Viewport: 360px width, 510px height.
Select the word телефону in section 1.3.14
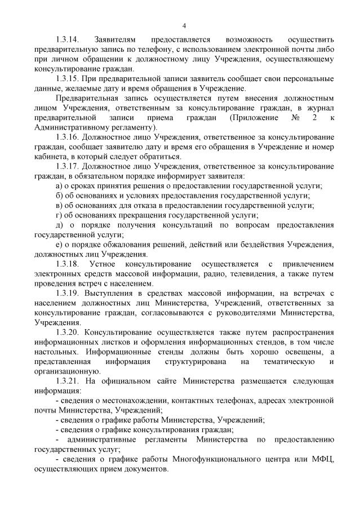coord(145,50)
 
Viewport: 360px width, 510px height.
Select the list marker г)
coord(59,215)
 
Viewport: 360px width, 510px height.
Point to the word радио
coord(216,273)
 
